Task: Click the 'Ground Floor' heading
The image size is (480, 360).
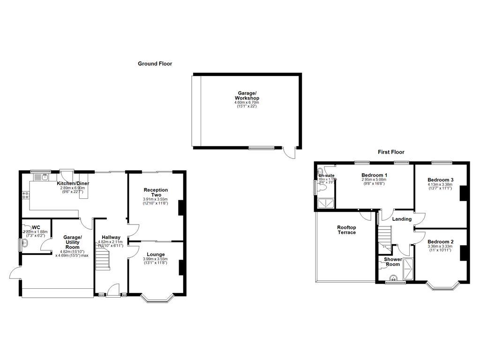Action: [155, 63]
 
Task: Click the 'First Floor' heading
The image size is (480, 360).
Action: [391, 152]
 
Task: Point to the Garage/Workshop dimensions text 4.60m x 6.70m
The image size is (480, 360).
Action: [247, 102]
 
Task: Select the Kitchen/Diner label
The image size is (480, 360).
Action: [73, 183]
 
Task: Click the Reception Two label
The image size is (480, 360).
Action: [156, 192]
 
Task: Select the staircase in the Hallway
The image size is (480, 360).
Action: [103, 259]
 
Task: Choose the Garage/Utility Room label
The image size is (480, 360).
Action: [73, 242]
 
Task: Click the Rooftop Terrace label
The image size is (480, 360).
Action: [346, 230]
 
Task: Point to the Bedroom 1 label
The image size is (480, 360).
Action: [374, 175]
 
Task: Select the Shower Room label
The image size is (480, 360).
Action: [393, 262]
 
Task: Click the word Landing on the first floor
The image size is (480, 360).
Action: [402, 219]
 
